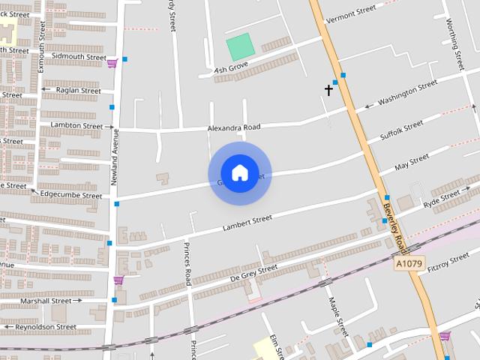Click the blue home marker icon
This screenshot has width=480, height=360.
point(239,173)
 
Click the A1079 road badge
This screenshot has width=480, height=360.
point(409,263)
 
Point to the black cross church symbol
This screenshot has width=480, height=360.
point(328,90)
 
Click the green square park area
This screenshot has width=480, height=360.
point(240,47)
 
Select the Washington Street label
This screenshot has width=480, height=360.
point(407,93)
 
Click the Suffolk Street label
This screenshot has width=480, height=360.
point(402,132)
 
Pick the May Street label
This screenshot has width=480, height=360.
point(412,161)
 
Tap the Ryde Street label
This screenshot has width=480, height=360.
point(441,199)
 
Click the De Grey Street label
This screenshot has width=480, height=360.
point(253,273)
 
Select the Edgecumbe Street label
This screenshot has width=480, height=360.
point(71,196)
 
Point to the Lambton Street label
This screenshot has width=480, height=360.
point(76,126)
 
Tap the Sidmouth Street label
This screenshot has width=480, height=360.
point(79,56)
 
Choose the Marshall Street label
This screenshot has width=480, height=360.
point(46,301)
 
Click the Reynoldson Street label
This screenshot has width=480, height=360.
point(46,327)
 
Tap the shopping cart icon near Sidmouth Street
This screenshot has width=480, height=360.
point(112,63)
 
